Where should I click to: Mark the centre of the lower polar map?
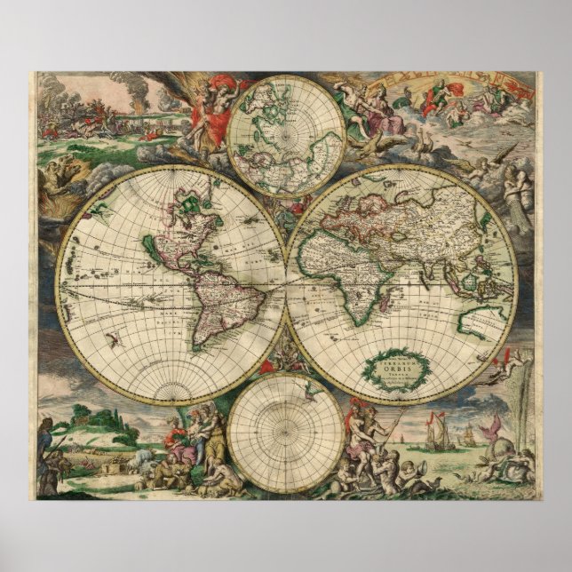(285, 433)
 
